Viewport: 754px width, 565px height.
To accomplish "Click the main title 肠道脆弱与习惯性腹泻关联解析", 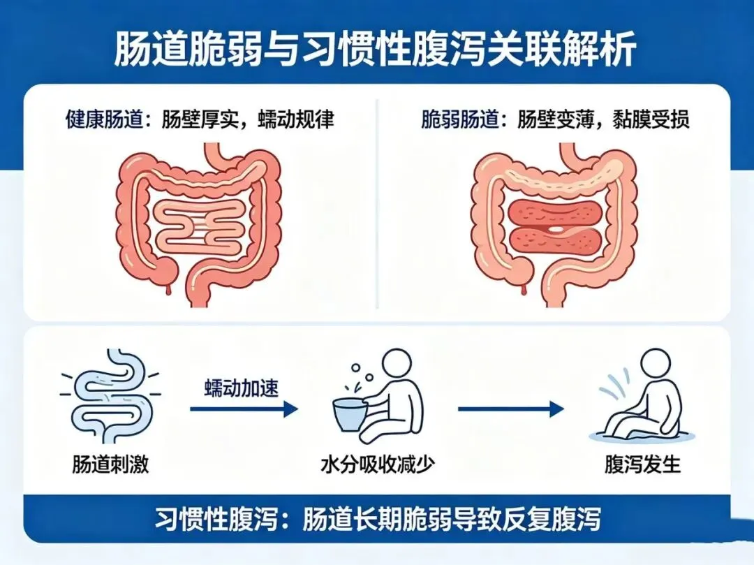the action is [x=375, y=49].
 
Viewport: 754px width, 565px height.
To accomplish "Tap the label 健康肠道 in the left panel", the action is [x=104, y=119].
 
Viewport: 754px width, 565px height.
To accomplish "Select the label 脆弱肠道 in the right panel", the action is [x=459, y=119].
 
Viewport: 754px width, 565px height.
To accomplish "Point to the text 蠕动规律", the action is [x=296, y=119].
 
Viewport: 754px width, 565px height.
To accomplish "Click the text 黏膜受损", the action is [x=651, y=119].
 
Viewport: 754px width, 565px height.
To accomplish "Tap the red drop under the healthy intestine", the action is [x=168, y=289].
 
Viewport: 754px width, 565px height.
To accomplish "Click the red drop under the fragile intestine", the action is [x=524, y=289].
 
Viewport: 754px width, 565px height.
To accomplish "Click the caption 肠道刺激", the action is [x=110, y=464].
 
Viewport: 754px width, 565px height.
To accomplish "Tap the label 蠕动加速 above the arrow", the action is [x=242, y=388].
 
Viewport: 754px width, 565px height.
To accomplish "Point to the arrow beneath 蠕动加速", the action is [x=244, y=409].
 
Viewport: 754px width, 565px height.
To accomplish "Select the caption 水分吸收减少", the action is [x=378, y=464].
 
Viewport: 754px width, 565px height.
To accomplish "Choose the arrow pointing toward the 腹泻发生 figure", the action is [x=510, y=409].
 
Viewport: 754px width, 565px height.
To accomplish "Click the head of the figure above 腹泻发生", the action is [x=656, y=364].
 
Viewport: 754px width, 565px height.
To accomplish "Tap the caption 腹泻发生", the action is [x=642, y=464].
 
